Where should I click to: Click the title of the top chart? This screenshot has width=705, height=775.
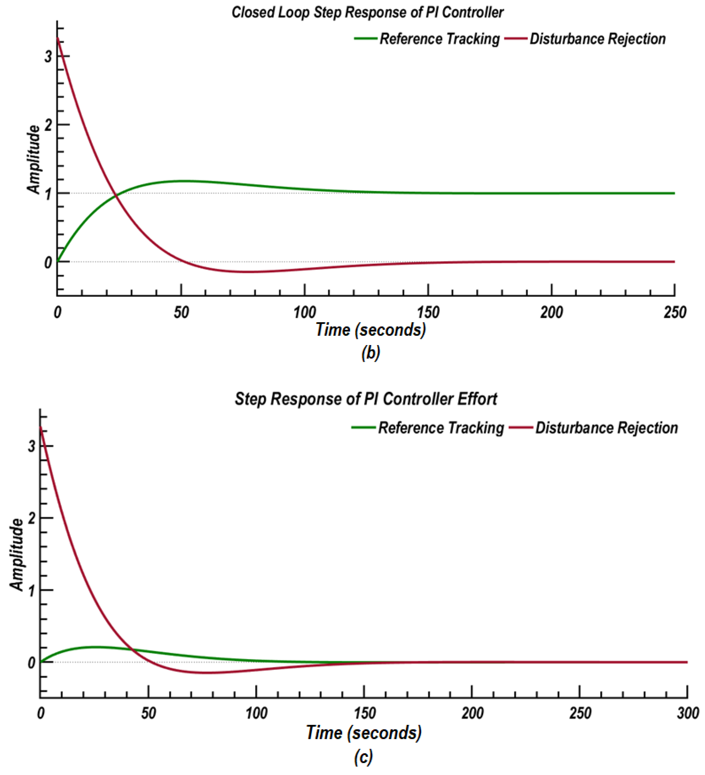tap(367, 13)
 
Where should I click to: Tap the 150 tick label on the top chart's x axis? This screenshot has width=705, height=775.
tap(428, 312)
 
